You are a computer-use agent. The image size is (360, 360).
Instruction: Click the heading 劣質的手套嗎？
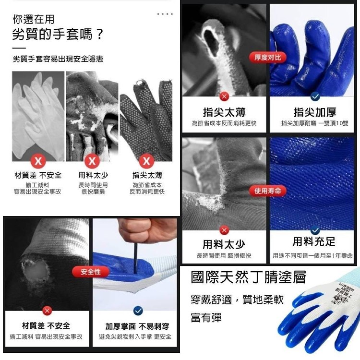coord(58,35)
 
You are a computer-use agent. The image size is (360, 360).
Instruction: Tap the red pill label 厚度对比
coord(267,58)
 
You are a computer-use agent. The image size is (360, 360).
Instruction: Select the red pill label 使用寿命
coord(267,191)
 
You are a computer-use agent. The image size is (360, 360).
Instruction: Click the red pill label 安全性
coord(91,272)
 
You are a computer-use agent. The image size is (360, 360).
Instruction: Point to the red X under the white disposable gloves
coord(38,161)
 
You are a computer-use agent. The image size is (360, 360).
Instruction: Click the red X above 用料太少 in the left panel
coord(92,161)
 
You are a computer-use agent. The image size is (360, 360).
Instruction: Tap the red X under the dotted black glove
coord(146,161)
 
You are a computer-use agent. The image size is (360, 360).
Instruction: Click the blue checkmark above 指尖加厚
coord(315,96)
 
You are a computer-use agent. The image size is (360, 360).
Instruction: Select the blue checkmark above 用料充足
coord(315,230)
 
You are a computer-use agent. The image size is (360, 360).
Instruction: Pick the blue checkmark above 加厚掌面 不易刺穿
coord(138,311)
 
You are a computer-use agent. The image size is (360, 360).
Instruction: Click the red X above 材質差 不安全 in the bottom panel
coord(47,311)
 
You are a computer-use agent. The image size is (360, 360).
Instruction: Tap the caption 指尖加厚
coord(315,112)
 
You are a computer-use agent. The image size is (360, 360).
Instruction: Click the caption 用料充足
coord(314,241)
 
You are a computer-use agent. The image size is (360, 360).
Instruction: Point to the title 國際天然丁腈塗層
coord(249,277)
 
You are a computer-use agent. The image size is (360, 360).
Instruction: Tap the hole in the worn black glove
coord(35,272)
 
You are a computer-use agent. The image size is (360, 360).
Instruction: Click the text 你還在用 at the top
coord(34,19)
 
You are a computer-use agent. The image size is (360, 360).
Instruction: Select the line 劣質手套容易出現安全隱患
coord(58,59)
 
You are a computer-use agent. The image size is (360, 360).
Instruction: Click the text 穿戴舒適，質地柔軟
coord(237,300)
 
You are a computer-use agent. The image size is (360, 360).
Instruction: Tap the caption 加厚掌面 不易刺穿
coord(137,326)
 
